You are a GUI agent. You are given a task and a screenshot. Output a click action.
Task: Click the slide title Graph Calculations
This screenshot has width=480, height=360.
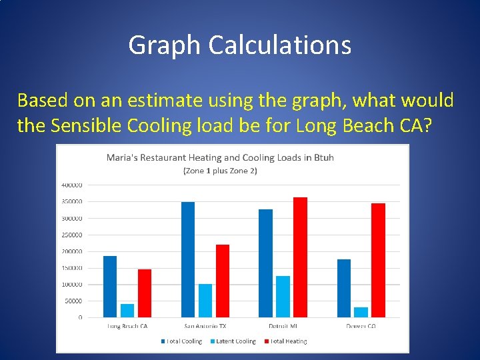(239, 45)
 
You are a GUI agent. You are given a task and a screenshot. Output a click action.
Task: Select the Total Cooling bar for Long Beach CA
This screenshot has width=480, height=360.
(110, 287)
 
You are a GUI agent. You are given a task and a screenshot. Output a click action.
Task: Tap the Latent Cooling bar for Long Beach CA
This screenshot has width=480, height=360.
(127, 310)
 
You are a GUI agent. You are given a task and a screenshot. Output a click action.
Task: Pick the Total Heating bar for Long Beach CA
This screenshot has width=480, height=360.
(145, 293)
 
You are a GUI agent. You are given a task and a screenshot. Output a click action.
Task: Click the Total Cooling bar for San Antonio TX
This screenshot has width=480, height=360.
(188, 259)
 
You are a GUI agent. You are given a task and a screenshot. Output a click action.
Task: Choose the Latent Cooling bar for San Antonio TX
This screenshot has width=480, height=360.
(205, 301)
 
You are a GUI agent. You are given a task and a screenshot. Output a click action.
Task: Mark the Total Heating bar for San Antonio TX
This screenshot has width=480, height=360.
(223, 281)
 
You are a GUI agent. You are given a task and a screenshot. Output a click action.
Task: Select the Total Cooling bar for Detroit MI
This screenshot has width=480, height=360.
(265, 263)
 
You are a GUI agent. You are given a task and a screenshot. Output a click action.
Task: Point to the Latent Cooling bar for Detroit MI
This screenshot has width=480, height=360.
(283, 297)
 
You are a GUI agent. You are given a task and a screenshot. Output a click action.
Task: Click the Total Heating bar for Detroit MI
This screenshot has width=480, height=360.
(300, 257)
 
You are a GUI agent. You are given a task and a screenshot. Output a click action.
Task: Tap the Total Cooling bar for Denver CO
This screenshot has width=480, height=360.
(344, 288)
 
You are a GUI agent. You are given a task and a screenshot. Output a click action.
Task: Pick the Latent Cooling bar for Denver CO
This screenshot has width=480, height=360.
(361, 312)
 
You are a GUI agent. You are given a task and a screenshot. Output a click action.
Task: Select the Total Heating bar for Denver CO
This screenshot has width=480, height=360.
(379, 260)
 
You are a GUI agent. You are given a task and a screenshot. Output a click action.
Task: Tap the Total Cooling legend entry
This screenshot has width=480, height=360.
(181, 341)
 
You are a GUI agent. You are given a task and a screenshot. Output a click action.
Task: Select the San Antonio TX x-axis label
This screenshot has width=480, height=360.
(205, 326)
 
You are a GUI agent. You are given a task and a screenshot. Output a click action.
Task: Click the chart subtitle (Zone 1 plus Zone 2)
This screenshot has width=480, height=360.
(220, 171)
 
